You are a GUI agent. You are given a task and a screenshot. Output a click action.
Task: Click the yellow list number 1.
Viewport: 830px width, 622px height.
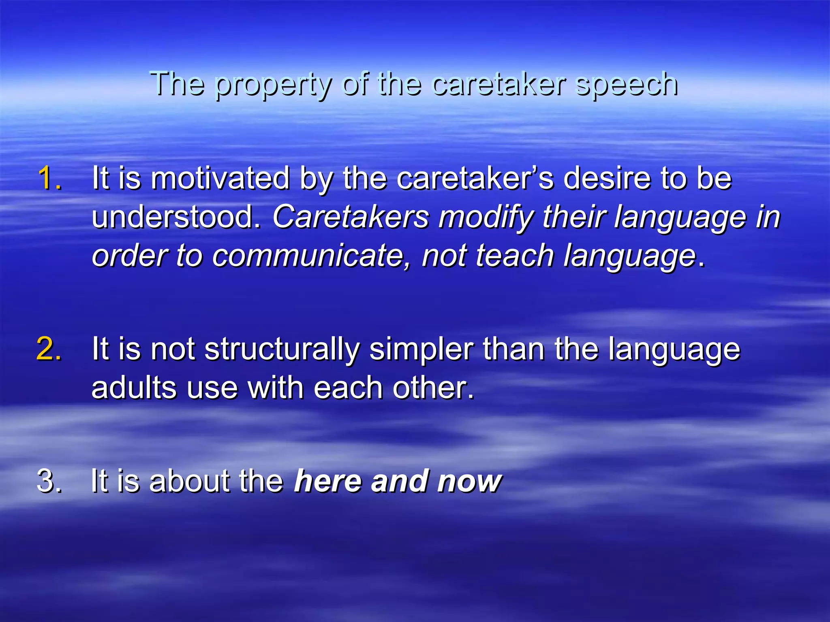pos(49,178)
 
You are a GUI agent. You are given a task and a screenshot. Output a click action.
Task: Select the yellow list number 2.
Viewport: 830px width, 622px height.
pos(49,348)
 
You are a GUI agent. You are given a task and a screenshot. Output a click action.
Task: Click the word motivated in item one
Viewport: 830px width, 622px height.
pos(220,178)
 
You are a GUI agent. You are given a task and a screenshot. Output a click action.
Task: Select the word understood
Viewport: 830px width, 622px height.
pos(176,217)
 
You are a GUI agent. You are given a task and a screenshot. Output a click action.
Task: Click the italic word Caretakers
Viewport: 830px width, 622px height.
pos(351,217)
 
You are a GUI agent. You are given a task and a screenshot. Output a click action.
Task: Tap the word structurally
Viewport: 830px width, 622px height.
pos(282,349)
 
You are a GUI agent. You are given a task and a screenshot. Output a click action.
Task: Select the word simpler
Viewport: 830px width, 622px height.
pos(421,349)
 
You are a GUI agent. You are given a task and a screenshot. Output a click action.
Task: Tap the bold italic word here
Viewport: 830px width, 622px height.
pos(328,481)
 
